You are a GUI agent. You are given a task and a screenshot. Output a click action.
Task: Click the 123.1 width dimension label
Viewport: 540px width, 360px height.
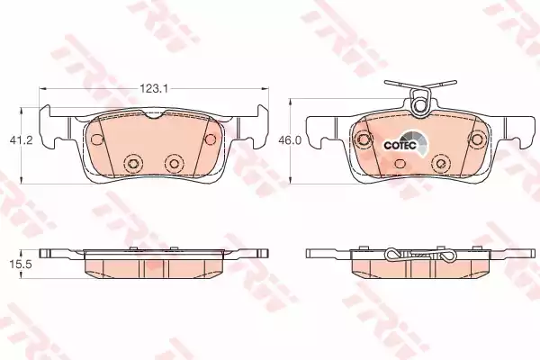(x=153, y=89)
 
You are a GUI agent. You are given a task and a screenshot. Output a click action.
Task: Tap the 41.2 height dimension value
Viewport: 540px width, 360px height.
(x=21, y=140)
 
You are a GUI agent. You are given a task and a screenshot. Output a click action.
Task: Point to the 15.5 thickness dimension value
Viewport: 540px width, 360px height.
(x=21, y=265)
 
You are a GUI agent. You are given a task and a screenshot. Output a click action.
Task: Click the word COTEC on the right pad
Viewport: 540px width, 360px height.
(x=400, y=146)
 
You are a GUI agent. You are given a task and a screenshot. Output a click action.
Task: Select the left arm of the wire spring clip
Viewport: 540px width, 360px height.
(x=400, y=85)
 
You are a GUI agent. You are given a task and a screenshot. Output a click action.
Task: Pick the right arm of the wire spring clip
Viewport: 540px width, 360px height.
(x=441, y=85)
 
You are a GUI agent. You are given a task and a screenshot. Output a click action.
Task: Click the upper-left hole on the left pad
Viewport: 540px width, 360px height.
(x=97, y=139)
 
